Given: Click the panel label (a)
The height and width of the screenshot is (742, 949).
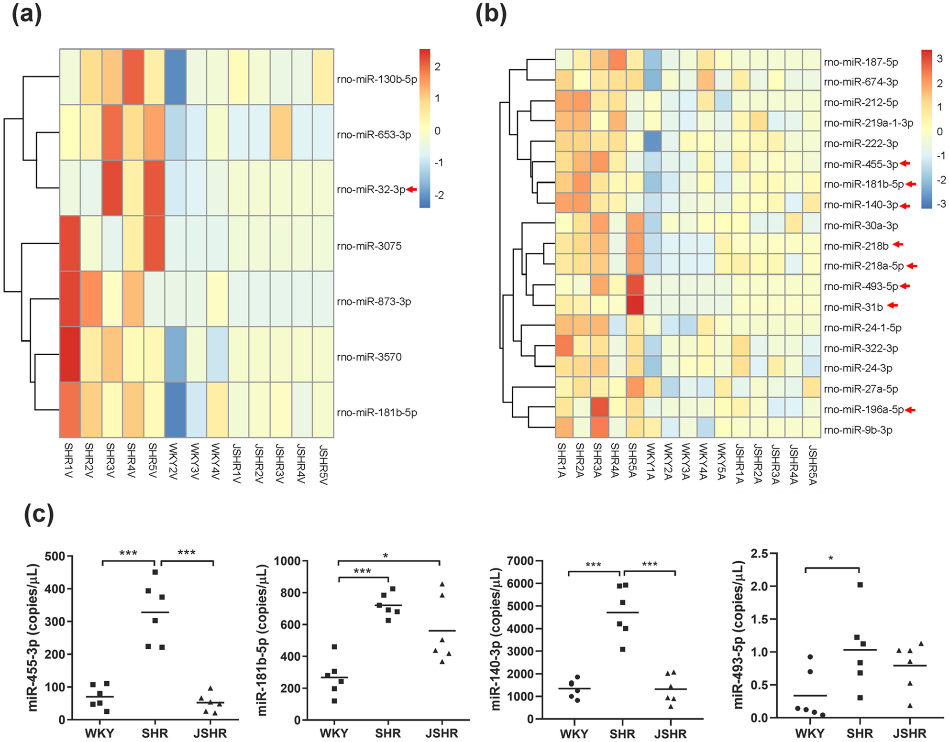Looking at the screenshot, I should (27, 14).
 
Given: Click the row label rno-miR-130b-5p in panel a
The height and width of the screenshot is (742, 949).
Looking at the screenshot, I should (377, 79).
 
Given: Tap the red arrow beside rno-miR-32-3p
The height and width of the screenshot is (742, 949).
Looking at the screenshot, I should (412, 189).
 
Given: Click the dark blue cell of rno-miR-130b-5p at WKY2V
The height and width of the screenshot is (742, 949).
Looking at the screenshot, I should (175, 76).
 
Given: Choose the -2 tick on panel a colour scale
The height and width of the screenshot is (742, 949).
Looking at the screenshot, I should (439, 195).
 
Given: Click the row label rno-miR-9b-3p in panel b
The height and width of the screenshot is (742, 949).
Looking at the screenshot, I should (858, 430).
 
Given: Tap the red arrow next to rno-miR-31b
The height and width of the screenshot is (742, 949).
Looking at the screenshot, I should (893, 305).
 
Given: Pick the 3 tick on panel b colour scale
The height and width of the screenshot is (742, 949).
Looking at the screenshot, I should (939, 58).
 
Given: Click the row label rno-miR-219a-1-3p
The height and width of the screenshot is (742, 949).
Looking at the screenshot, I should (868, 123).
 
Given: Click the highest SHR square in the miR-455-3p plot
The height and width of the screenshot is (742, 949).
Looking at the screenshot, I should (155, 572).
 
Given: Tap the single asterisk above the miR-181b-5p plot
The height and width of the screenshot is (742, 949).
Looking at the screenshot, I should (386, 556).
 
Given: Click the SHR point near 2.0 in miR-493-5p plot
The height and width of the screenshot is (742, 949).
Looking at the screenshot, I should (860, 585).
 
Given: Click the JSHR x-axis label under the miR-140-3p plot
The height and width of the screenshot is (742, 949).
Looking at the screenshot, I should (670, 733).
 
